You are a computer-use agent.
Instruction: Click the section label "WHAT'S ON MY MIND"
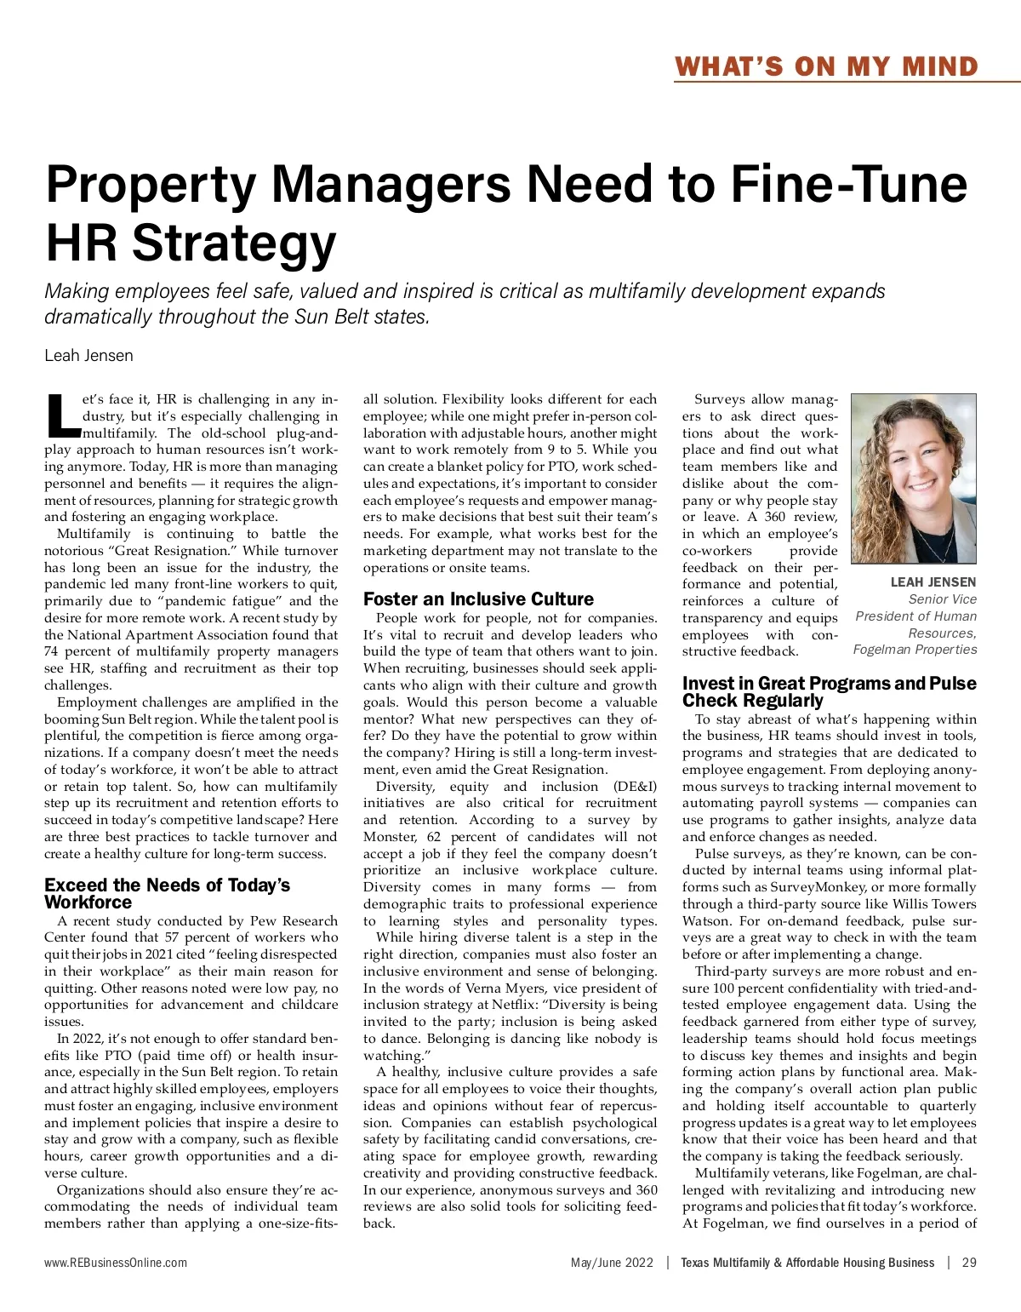point(826,66)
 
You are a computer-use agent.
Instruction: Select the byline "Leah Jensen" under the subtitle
point(88,355)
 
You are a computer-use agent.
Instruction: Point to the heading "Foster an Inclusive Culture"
point(478,599)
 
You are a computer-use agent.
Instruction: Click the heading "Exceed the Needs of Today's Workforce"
point(167,893)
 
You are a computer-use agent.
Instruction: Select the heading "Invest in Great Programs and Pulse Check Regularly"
point(829,691)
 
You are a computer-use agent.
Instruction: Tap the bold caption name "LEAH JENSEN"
point(933,582)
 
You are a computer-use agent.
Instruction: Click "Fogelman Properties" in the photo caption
point(915,650)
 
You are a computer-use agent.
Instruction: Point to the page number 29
point(969,1263)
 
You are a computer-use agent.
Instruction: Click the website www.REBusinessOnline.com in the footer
point(116,1263)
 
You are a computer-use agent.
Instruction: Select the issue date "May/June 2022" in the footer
point(612,1263)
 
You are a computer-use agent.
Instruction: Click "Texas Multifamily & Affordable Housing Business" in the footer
point(807,1263)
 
